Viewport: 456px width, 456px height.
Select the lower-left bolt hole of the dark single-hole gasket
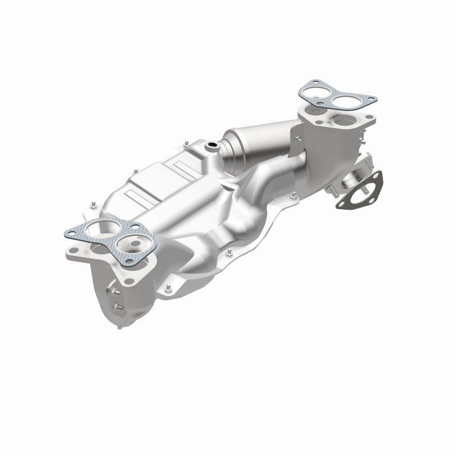pos(341,200)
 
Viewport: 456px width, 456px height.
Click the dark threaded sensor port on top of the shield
pos(213,146)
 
